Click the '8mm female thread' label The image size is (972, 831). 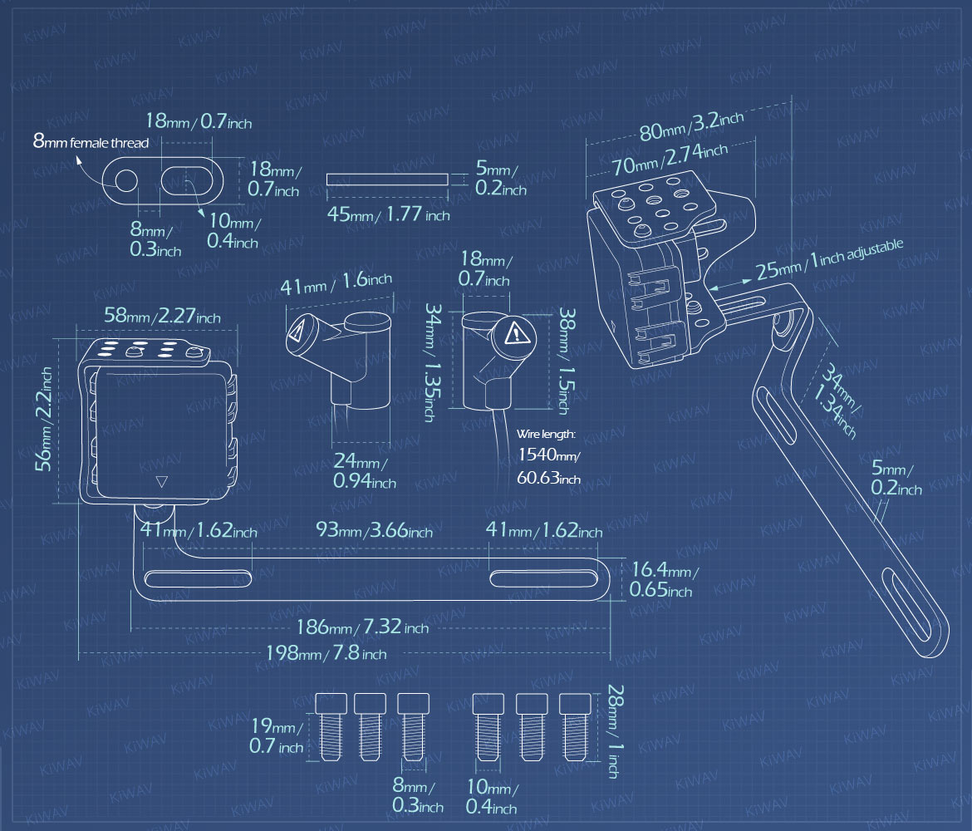tap(91, 142)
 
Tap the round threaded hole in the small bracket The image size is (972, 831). tap(126, 180)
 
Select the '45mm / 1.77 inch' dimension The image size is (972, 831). tap(389, 214)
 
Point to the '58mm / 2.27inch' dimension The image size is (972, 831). tap(162, 316)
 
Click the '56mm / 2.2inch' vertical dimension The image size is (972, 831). tap(43, 419)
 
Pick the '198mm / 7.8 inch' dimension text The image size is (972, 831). tap(326, 653)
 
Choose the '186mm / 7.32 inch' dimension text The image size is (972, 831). tap(363, 627)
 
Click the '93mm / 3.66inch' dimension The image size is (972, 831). tap(375, 529)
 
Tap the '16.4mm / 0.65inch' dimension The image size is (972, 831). tap(664, 579)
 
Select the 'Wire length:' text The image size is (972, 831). tap(546, 434)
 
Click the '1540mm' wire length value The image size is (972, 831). tap(548, 455)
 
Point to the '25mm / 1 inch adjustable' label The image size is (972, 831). tap(829, 259)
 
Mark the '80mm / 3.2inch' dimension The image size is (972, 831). tap(691, 125)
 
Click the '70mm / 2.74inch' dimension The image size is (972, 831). tap(670, 159)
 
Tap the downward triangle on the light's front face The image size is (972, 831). tap(162, 481)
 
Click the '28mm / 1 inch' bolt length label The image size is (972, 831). tap(614, 731)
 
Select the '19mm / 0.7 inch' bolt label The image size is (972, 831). tap(277, 735)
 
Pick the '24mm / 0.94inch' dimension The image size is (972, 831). tap(365, 470)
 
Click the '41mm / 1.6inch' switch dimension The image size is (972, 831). tap(336, 283)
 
